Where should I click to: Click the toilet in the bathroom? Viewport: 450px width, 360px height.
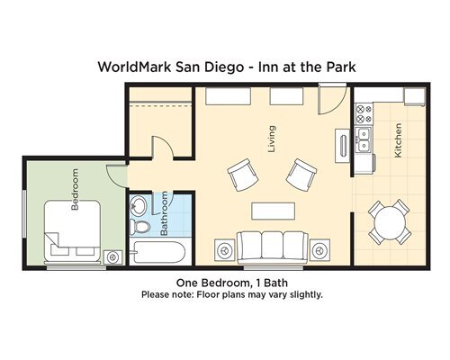pyautogui.click(x=139, y=226)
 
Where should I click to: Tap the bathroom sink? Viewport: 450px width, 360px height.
pyautogui.click(x=138, y=205)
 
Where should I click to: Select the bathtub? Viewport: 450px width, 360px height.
pyautogui.click(x=158, y=252)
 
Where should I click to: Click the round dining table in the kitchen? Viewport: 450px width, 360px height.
pyautogui.click(x=390, y=223)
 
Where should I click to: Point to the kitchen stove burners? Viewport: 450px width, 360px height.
pyautogui.click(x=364, y=114)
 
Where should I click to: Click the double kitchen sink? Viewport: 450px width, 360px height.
pyautogui.click(x=364, y=140)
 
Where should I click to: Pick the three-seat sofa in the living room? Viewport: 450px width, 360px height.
pyautogui.click(x=273, y=247)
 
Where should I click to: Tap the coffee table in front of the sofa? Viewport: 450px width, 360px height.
pyautogui.click(x=273, y=211)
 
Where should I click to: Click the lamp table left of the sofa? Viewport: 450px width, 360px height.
pyautogui.click(x=225, y=249)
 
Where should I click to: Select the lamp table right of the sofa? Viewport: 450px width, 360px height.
pyautogui.click(x=319, y=249)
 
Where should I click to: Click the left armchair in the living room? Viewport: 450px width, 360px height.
pyautogui.click(x=243, y=175)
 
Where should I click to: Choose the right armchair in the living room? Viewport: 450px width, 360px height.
pyautogui.click(x=301, y=175)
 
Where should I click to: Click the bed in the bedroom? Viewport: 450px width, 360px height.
pyautogui.click(x=72, y=230)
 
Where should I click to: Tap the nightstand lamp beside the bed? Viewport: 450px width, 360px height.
pyautogui.click(x=112, y=257)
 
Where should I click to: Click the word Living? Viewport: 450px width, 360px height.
pyautogui.click(x=272, y=139)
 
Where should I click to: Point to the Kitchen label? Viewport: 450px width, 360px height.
pyautogui.click(x=398, y=140)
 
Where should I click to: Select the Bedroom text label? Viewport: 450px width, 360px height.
pyautogui.click(x=75, y=189)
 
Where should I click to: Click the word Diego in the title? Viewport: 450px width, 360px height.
pyautogui.click(x=224, y=67)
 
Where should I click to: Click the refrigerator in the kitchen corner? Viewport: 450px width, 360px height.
pyautogui.click(x=414, y=96)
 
